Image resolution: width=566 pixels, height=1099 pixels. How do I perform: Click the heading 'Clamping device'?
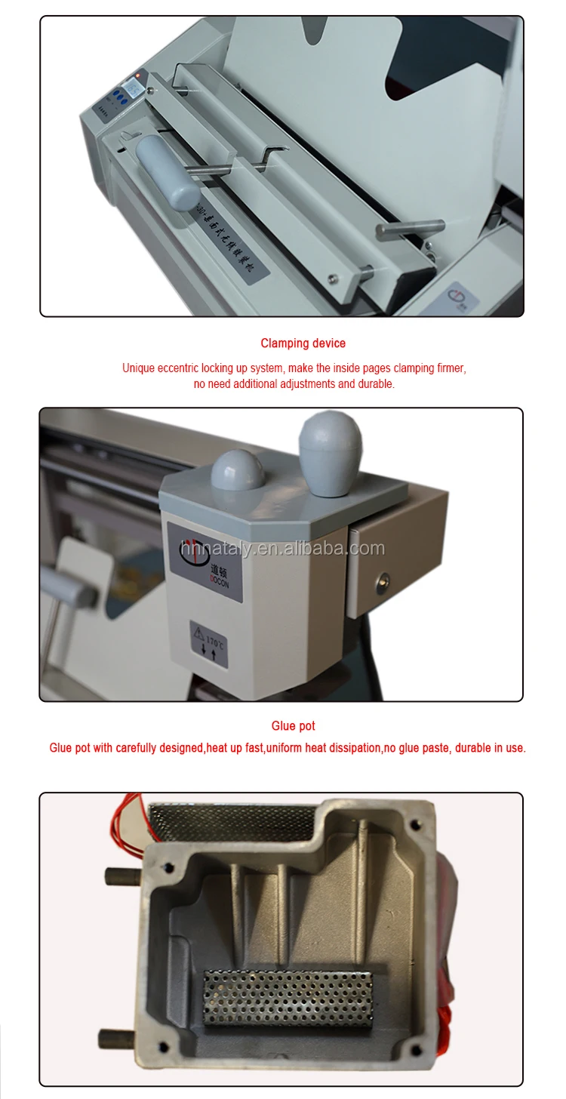[x=303, y=343]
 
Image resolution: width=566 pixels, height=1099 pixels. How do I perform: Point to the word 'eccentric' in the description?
[x=178, y=368]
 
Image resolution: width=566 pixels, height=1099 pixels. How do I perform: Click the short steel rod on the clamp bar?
[x=410, y=226]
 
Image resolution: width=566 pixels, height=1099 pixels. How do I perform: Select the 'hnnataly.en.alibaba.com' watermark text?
[x=281, y=549]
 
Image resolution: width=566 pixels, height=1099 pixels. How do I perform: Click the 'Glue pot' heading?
[x=293, y=726]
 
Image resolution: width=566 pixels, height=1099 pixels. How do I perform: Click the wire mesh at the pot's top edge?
[x=230, y=819]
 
